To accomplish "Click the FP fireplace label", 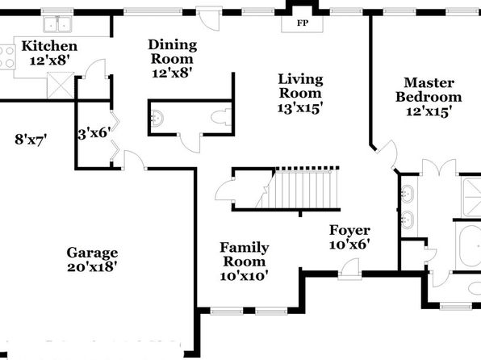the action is coord(302,23).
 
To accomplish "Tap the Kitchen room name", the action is coord(49,46).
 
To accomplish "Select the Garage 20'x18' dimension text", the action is coord(92,267).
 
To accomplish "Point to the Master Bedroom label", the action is coord(429,90).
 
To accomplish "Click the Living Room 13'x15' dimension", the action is coord(300,108).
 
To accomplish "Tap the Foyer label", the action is coord(349,230).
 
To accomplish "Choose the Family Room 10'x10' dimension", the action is coord(245,276).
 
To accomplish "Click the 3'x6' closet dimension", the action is coord(94,133).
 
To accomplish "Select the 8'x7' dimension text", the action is coord(31,140).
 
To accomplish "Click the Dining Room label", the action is coord(173,52).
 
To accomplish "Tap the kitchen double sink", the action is coord(57,24).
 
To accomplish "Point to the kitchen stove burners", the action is coord(7,57).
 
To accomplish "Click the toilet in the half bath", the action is coord(221,117).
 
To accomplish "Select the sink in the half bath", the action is coord(157,118).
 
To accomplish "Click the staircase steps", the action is coord(303,189).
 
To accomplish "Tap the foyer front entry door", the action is coord(349,270).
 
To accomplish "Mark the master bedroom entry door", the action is coord(387,154).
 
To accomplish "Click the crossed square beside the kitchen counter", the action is coord(61,86).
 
